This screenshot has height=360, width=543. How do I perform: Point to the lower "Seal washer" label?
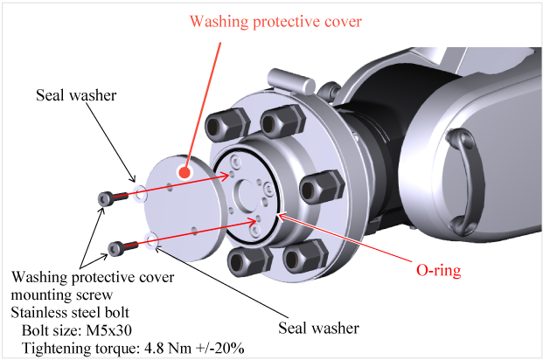coord(317,329)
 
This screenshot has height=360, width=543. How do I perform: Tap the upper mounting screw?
coord(107,197)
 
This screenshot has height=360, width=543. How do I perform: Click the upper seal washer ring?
coord(140,193)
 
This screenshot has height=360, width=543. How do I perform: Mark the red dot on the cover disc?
coord(184,172)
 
